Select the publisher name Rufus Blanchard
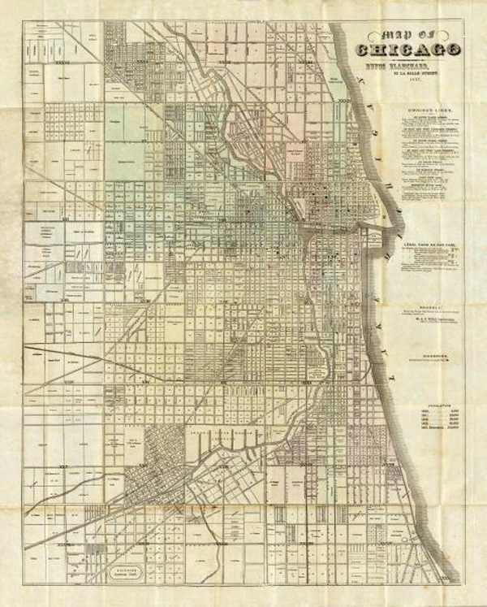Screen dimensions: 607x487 pos(408,67)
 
